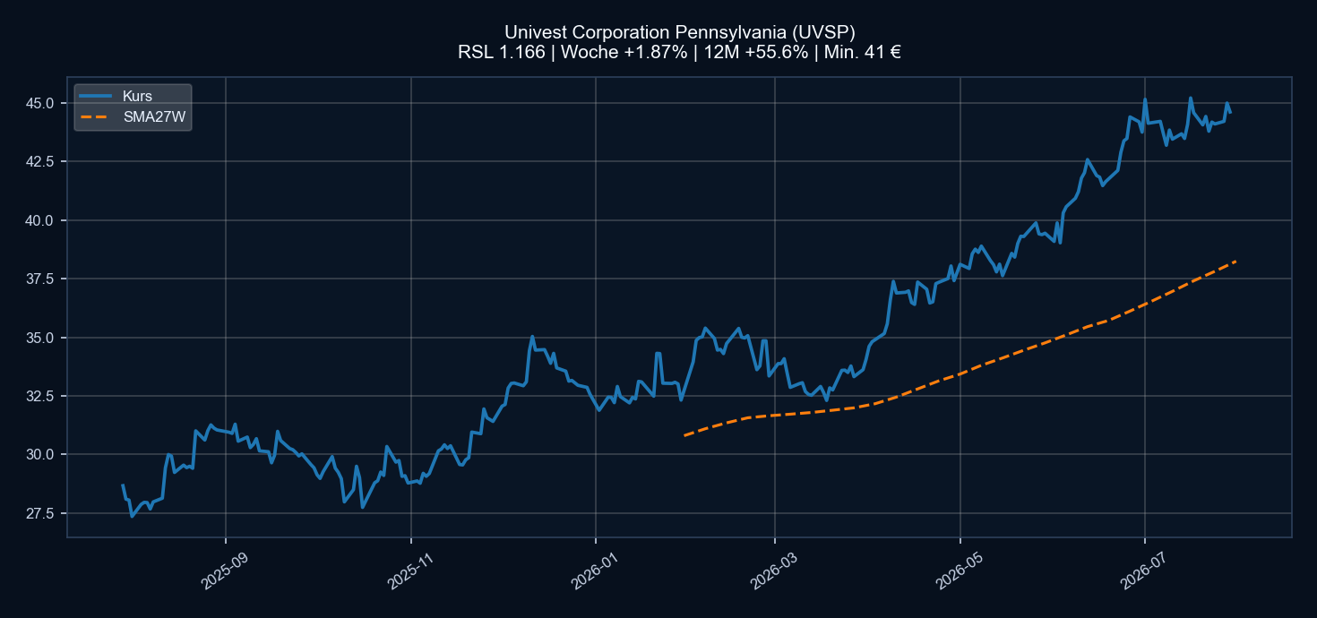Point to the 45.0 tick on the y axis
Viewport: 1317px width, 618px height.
coord(39,104)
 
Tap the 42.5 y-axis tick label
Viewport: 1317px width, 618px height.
coord(39,161)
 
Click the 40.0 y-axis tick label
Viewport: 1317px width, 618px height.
coord(39,220)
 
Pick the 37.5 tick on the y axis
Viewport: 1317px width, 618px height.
coord(39,279)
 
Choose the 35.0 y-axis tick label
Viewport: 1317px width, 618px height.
coord(39,338)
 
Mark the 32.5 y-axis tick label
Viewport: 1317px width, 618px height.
coord(39,396)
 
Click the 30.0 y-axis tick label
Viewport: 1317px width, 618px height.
coord(39,454)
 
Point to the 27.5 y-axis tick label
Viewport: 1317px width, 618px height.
coord(39,513)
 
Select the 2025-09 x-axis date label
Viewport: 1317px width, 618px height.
coord(225,571)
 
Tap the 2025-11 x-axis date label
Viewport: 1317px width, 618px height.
coord(409,571)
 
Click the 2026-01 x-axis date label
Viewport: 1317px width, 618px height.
coord(594,571)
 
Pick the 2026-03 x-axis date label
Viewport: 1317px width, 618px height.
coord(774,571)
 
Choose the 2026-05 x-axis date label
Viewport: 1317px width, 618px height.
coord(959,571)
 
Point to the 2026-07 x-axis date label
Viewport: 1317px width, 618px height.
coord(1143,571)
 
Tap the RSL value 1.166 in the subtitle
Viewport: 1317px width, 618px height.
coord(522,52)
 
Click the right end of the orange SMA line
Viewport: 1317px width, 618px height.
coord(1235,261)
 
